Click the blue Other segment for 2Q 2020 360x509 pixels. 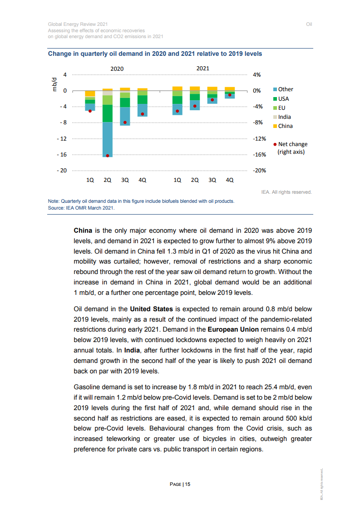click(x=108, y=139)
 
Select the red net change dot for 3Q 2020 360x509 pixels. click(x=125, y=122)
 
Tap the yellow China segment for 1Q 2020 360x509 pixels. click(x=90, y=93)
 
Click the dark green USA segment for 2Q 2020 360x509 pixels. click(x=108, y=113)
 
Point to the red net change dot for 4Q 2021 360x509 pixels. click(x=230, y=95)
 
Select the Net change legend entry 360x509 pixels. click(x=291, y=144)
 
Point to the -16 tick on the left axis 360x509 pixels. click(x=62, y=155)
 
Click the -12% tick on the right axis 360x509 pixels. click(x=259, y=139)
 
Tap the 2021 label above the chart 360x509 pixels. click(x=203, y=69)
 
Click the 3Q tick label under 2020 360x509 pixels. click(x=125, y=180)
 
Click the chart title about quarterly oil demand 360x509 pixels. click(x=155, y=54)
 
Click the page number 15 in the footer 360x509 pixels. click(x=187, y=485)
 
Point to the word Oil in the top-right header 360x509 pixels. click(x=309, y=24)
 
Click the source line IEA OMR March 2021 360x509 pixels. click(x=82, y=208)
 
